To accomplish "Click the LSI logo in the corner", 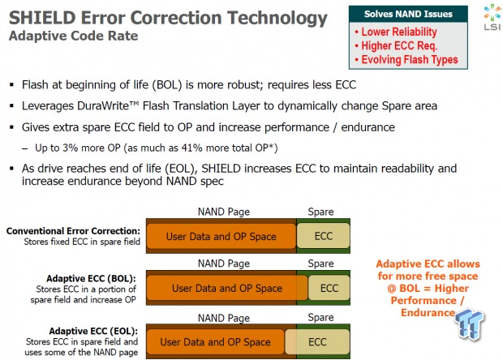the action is (x=492, y=17).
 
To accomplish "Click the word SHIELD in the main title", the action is (x=43, y=18).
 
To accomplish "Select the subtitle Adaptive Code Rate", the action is (x=74, y=36).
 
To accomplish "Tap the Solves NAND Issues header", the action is (x=408, y=14).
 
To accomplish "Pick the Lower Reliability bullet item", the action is (x=396, y=32).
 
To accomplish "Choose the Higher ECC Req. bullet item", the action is (x=396, y=46).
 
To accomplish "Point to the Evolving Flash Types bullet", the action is (x=406, y=60).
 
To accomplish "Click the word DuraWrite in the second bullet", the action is (x=108, y=105).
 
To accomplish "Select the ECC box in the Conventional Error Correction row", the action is (x=324, y=236).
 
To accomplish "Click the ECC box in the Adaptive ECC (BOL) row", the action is (x=329, y=288).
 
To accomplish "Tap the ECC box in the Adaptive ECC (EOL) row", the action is (x=317, y=341).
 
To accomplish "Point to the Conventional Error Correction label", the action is (x=73, y=231).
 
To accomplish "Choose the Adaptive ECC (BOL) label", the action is (x=91, y=278).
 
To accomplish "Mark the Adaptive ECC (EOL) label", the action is (x=93, y=331).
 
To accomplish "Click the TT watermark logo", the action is (x=469, y=324).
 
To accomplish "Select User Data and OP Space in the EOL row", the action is (x=215, y=342).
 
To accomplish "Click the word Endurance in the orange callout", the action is (x=428, y=312).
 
